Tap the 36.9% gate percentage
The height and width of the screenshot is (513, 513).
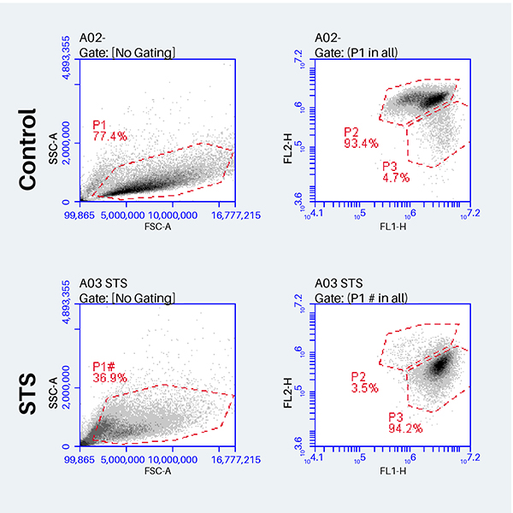109,377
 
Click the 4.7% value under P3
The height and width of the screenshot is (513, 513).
397,177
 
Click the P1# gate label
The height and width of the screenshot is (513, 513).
105,366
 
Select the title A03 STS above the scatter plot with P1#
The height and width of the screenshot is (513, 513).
103,283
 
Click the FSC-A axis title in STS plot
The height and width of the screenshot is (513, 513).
156,470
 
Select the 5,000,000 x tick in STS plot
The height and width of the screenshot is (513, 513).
127,460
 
